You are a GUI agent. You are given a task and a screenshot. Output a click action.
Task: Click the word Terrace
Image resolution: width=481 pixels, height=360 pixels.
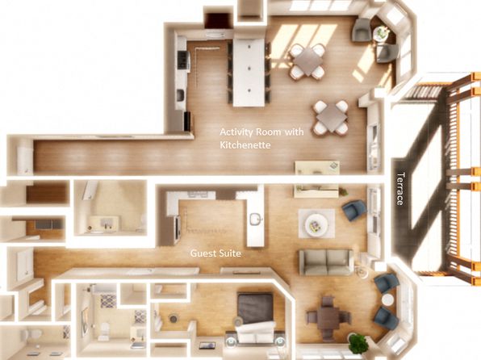click(400, 189)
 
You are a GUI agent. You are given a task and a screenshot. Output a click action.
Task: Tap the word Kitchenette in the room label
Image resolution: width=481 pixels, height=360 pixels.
click(245, 144)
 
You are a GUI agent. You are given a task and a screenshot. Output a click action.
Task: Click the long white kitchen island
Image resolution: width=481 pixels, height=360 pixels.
click(249, 73)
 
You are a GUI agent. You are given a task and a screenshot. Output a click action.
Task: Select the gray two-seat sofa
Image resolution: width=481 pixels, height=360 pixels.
click(326, 262)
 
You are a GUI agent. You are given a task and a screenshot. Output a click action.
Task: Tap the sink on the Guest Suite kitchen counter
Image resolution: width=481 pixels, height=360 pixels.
click(256, 219)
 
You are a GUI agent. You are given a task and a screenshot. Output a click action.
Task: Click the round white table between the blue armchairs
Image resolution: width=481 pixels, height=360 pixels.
click(387, 299)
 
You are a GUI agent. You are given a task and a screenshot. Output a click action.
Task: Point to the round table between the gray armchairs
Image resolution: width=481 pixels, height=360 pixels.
click(381, 32)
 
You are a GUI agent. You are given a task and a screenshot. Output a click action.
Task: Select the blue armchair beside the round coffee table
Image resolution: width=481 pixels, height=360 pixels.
click(354, 210)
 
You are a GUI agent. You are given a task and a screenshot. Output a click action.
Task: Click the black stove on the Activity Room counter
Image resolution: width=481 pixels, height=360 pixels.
click(182, 59)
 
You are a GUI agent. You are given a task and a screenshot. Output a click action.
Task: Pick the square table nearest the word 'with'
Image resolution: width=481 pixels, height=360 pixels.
click(331, 117)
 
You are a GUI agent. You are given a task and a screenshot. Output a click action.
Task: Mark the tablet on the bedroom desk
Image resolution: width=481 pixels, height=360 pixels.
click(207, 345)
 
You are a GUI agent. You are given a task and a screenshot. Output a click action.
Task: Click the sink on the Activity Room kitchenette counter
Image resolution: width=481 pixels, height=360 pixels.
click(181, 94)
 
